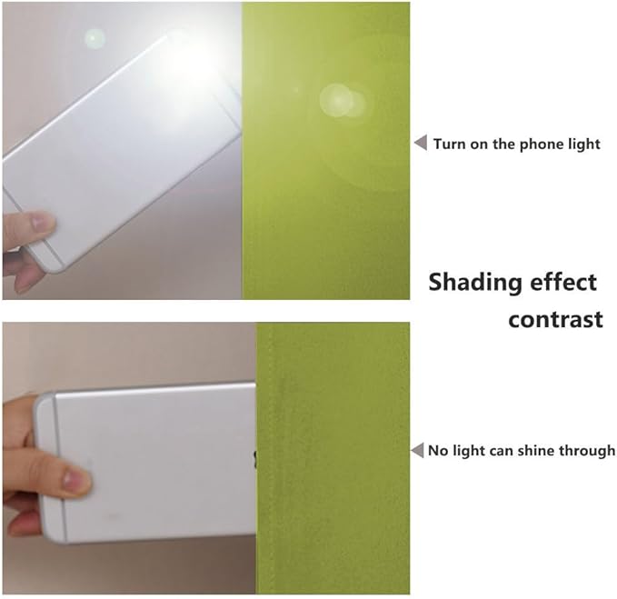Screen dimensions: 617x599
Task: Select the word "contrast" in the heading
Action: tap(555, 320)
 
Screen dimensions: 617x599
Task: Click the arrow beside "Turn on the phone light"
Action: tap(421, 143)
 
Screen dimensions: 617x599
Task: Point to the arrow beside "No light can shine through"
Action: tap(417, 450)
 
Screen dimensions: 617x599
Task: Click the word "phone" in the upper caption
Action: tap(536, 145)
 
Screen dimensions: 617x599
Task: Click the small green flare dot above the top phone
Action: tap(95, 38)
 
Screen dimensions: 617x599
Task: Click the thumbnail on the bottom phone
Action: tap(74, 478)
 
